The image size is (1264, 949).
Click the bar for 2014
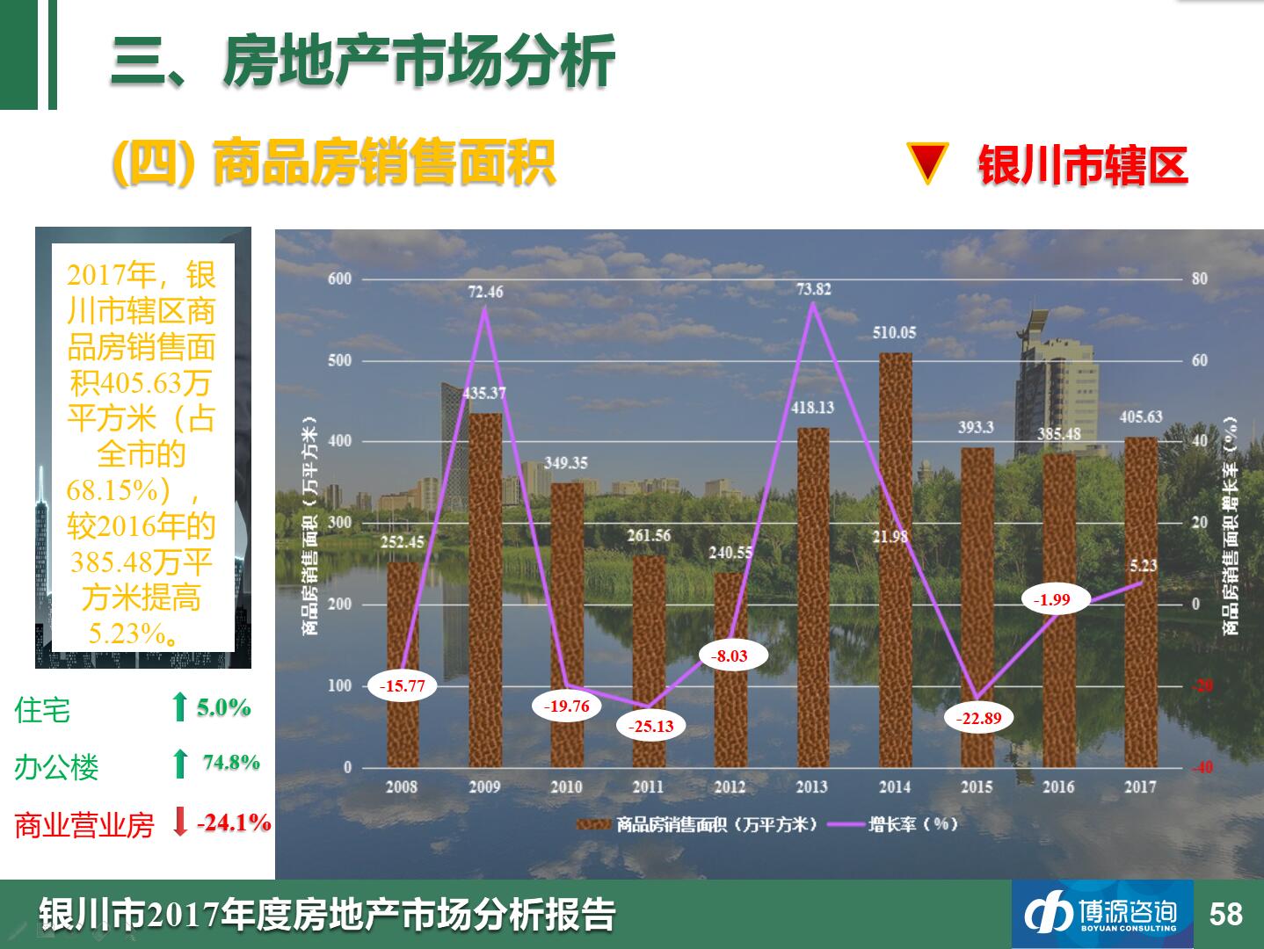(x=895, y=560)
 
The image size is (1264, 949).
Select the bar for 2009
(x=485, y=590)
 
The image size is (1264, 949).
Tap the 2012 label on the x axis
(x=730, y=786)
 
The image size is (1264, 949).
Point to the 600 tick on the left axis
(x=340, y=279)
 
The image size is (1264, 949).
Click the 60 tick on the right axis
(x=1200, y=360)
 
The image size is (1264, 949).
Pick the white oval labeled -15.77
(x=402, y=685)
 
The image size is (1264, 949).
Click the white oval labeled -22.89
(x=978, y=718)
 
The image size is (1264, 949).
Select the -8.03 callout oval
(x=732, y=656)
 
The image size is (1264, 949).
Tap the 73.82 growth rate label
(x=814, y=289)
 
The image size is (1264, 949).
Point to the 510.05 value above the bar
(x=894, y=332)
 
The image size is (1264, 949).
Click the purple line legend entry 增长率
(x=892, y=824)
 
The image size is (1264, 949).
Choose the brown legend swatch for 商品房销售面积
(x=593, y=825)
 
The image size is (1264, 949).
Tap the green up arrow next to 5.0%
(x=180, y=706)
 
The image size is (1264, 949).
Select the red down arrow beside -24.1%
(x=180, y=822)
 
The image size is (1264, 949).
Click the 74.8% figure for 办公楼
(x=231, y=762)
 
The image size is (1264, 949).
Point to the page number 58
(x=1226, y=914)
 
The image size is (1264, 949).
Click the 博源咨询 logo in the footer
(x=1101, y=914)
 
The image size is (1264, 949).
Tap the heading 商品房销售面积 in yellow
(x=384, y=163)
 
